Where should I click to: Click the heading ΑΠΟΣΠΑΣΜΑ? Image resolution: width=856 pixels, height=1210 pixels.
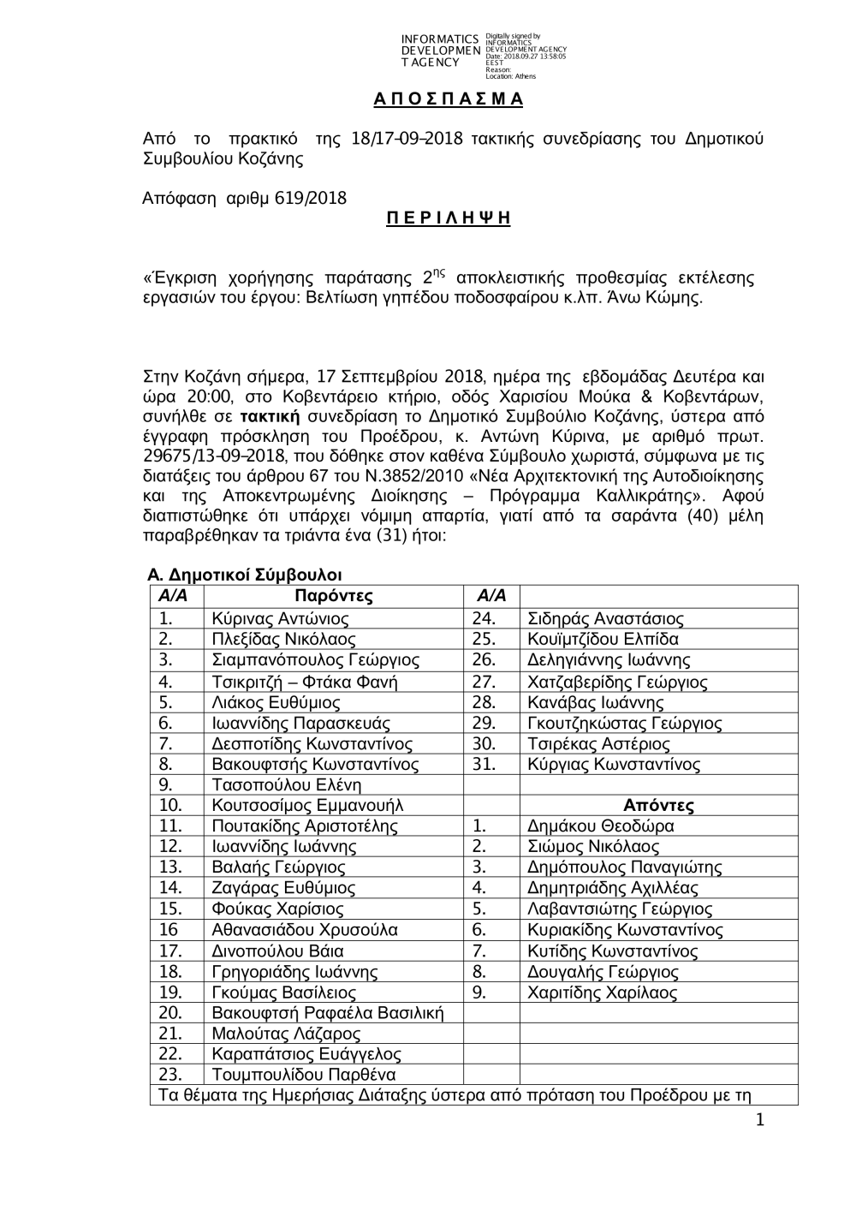[x=448, y=99]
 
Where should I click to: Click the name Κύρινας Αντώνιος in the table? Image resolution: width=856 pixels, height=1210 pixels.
[x=280, y=618]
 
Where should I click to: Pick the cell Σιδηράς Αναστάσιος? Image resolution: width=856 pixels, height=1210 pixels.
[x=605, y=618]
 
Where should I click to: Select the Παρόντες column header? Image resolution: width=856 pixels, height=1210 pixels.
[x=334, y=596]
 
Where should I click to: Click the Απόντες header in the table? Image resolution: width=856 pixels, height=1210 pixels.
[x=658, y=805]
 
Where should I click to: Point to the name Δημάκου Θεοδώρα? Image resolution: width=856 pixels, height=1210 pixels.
[x=601, y=826]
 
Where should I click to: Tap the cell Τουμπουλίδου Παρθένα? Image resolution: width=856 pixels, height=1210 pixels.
[x=304, y=1075]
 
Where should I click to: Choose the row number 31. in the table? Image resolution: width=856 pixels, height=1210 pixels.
[x=484, y=764]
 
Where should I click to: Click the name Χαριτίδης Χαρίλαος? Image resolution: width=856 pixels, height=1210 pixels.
[x=603, y=992]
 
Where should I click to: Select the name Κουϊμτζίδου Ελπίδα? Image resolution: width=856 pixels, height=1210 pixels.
[x=603, y=639]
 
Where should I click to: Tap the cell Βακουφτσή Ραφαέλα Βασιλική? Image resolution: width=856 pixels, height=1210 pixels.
[x=328, y=1013]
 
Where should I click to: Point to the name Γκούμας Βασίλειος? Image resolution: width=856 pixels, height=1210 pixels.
[x=284, y=992]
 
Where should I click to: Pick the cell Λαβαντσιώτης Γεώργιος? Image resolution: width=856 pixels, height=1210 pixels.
[x=620, y=909]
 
